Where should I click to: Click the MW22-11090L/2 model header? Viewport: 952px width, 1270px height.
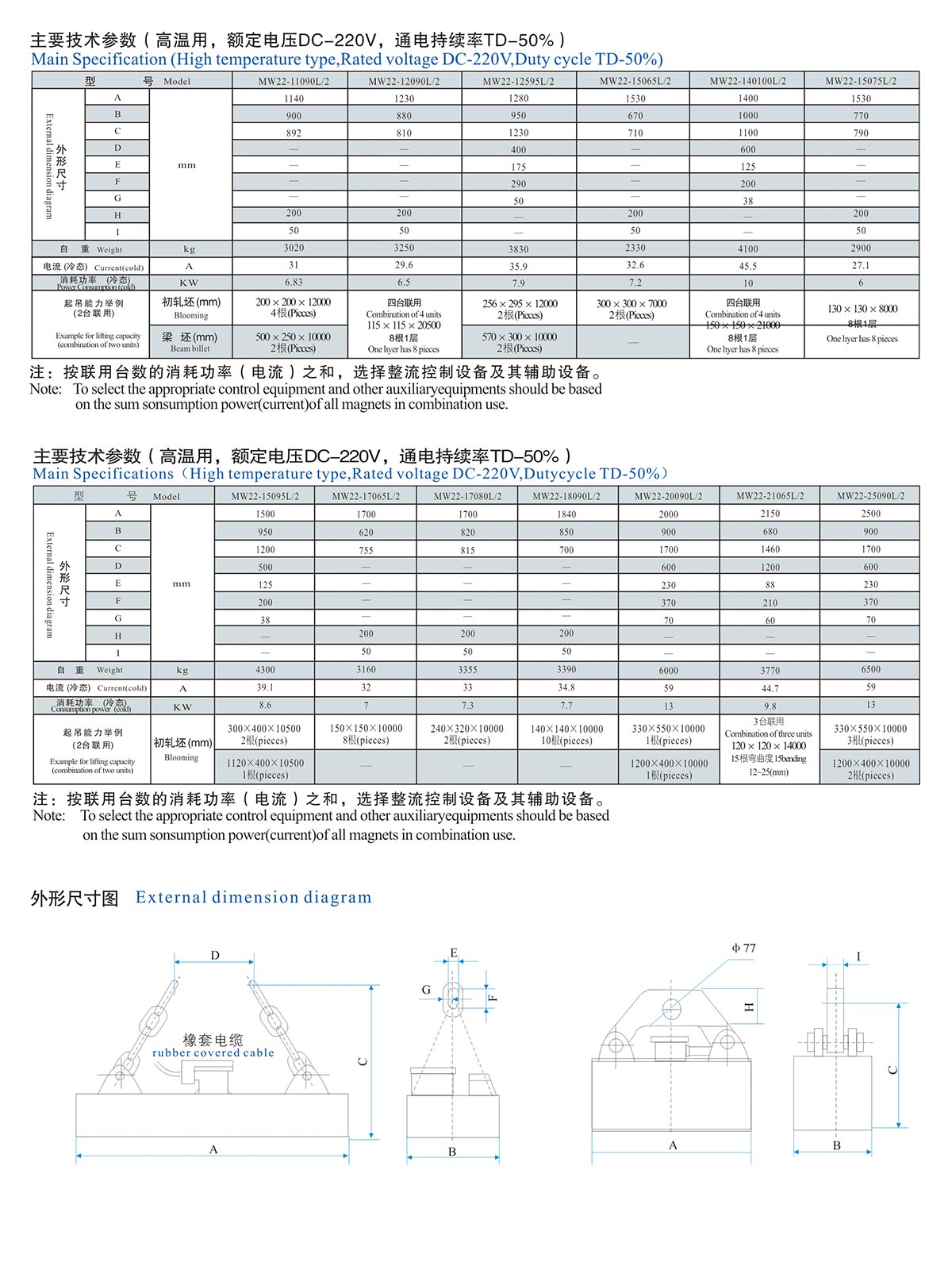[294, 81]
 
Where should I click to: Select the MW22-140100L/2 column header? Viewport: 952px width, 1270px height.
[747, 81]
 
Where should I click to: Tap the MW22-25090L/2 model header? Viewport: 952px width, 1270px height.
[870, 496]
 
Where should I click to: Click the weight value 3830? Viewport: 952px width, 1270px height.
[518, 249]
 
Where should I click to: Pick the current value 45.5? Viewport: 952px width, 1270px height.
[747, 267]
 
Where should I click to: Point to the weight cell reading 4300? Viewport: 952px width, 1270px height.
[265, 670]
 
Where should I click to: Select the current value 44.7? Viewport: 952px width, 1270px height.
[770, 688]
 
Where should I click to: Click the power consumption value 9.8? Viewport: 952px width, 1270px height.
[770, 706]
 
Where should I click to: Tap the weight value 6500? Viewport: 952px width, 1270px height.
[870, 670]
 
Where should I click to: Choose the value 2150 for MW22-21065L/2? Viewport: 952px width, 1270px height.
[770, 514]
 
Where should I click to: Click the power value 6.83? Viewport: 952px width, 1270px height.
[294, 283]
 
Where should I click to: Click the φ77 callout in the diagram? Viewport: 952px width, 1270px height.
[743, 948]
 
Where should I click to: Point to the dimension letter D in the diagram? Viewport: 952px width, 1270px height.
[215, 956]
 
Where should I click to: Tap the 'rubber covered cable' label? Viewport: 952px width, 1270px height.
[213, 1053]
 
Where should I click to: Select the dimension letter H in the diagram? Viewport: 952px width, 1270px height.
[750, 1006]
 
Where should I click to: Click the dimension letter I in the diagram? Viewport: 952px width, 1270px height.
[858, 956]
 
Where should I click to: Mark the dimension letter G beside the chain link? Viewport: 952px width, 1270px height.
[426, 990]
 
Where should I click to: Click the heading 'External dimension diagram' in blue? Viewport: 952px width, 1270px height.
[253, 897]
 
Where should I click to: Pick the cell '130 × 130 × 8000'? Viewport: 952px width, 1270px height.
[861, 309]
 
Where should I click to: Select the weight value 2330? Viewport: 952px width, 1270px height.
[635, 248]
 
